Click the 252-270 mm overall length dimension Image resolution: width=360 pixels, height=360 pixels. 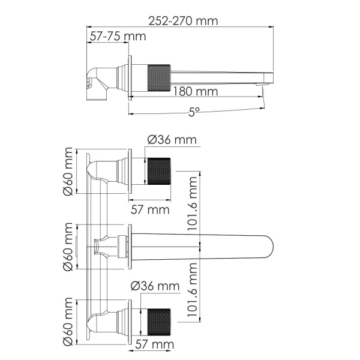coord(184,21)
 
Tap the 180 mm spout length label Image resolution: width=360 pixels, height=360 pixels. coord(194,91)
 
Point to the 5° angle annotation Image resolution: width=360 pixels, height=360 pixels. coord(193,111)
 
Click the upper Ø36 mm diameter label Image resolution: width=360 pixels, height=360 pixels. coord(172,140)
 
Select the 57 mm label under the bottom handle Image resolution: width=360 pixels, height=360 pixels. coord(155,344)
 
